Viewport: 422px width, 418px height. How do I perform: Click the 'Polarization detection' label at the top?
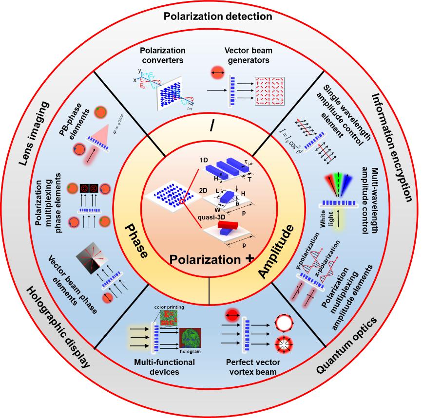211,17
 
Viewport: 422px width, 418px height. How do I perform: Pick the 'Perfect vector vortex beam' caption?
251,367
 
